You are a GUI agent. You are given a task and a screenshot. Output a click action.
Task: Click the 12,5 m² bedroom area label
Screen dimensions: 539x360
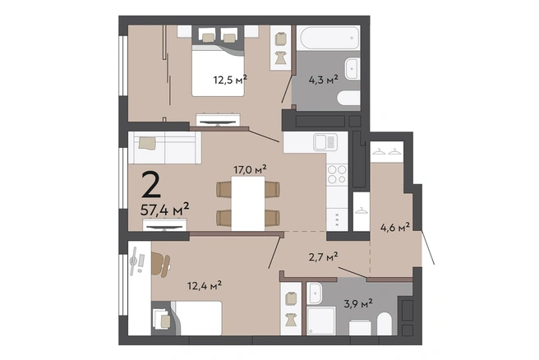click(230, 80)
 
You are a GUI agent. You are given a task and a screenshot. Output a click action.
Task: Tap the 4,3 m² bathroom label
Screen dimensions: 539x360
click(324, 80)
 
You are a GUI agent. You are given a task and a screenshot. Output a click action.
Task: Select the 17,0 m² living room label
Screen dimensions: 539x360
click(251, 169)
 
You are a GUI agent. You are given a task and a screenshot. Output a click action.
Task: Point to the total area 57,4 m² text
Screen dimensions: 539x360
click(164, 209)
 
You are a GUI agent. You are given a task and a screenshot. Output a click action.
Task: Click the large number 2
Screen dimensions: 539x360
click(151, 185)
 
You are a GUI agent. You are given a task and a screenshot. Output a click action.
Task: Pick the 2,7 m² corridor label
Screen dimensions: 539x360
click(323, 256)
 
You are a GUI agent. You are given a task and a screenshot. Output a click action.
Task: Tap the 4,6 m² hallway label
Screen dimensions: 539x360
click(395, 227)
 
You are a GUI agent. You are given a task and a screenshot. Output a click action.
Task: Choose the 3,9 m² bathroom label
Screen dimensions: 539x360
click(358, 303)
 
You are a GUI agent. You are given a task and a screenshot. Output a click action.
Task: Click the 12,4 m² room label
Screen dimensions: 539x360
click(205, 285)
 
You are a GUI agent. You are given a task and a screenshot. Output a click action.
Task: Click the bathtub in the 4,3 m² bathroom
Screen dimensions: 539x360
click(329, 38)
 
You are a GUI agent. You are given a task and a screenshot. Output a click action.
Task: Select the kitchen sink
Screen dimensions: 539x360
click(325, 142)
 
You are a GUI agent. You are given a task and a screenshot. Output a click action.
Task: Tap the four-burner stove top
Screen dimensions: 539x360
click(337, 174)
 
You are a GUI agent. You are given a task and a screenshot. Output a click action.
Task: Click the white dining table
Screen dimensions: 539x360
click(248, 203)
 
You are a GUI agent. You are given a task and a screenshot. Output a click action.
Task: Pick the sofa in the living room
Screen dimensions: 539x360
click(164, 147)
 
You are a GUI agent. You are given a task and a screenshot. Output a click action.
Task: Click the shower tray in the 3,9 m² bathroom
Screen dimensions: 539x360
click(320, 321)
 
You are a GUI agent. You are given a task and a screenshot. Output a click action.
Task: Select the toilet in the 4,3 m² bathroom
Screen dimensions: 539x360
click(348, 98)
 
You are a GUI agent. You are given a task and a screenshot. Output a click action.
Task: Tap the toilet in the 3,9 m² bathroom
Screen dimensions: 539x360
click(384, 324)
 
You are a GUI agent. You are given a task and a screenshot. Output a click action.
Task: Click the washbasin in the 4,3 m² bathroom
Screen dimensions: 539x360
click(352, 68)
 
